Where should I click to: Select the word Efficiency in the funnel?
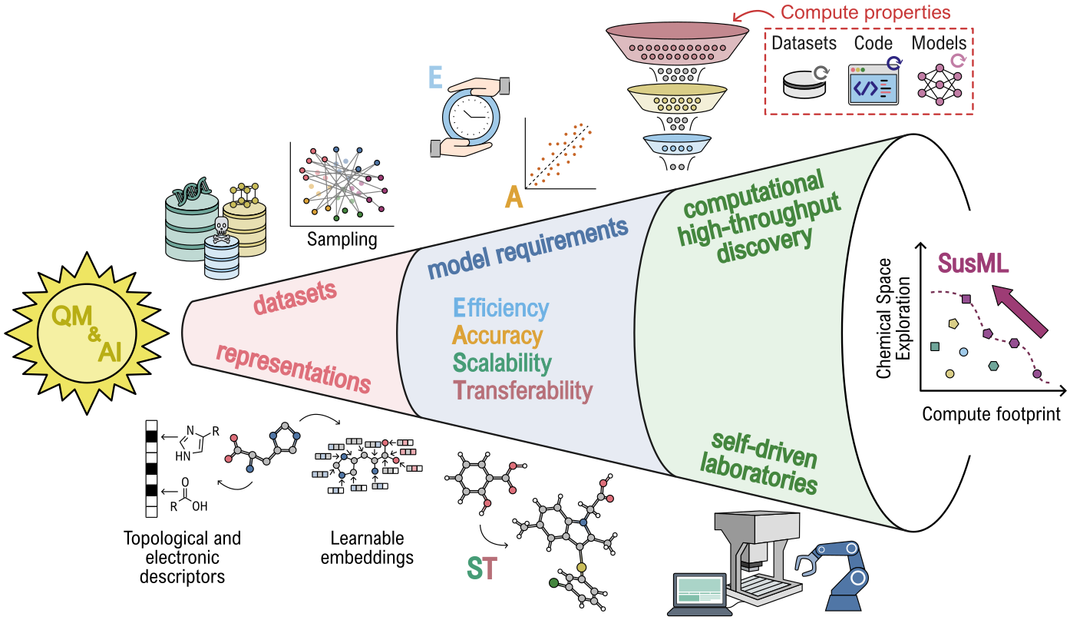pyautogui.click(x=500, y=308)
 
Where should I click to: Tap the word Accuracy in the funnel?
pyautogui.click(x=497, y=336)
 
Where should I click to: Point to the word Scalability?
pyautogui.click(x=502, y=363)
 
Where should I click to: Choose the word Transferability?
pyautogui.click(x=523, y=390)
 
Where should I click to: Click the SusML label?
pyautogui.click(x=973, y=264)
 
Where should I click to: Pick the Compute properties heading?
pyautogui.click(x=865, y=12)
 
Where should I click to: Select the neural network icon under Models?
pyautogui.click(x=940, y=82)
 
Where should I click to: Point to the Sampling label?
pyautogui.click(x=342, y=239)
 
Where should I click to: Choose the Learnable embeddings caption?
pyautogui.click(x=367, y=548)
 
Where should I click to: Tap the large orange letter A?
pyautogui.click(x=514, y=199)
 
